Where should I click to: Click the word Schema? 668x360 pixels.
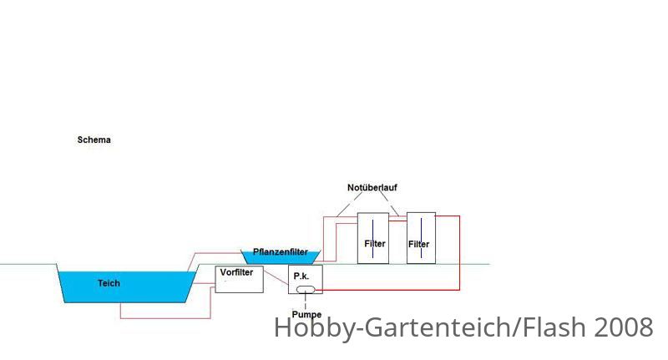click(94, 139)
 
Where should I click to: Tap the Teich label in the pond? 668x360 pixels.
click(109, 283)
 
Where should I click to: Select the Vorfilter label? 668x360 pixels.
click(236, 272)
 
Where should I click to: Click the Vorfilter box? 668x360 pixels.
click(239, 280)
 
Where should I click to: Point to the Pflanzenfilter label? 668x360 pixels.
click(281, 251)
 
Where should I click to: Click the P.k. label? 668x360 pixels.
click(301, 276)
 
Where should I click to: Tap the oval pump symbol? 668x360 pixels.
click(306, 290)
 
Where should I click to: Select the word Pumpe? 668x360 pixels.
click(306, 315)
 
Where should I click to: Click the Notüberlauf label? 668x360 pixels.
click(372, 187)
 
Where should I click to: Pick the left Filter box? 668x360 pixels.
click(373, 238)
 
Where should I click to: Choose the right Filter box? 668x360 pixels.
click(421, 238)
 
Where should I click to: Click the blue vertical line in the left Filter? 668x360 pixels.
click(372, 239)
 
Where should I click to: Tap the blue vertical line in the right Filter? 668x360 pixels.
click(422, 238)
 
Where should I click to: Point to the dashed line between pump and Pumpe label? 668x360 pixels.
click(306, 302)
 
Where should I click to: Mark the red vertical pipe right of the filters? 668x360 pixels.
click(460, 253)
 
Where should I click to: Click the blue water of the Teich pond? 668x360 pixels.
click(126, 287)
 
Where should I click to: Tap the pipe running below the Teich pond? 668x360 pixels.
click(165, 318)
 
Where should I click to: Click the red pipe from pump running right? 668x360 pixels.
click(387, 290)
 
